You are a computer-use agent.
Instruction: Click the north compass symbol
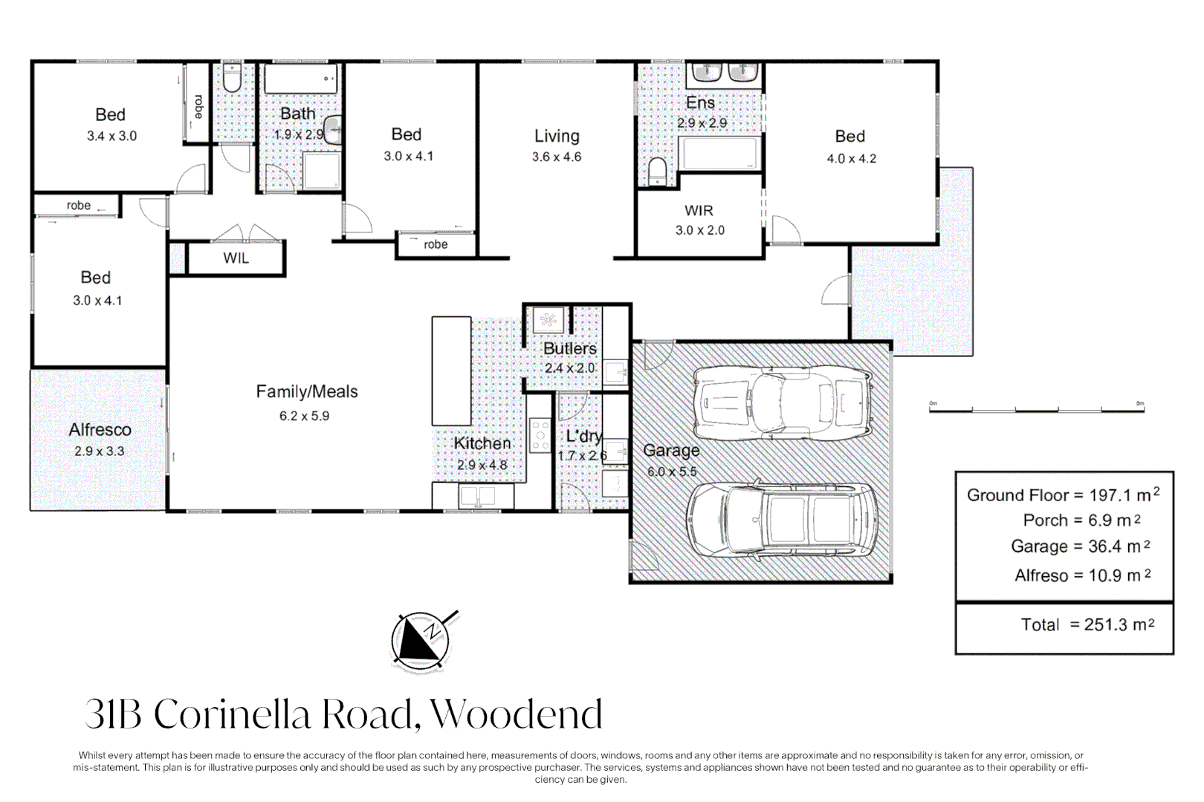tap(421, 639)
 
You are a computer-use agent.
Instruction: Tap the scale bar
tap(1037, 408)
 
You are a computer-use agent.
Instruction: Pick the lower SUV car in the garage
tap(781, 520)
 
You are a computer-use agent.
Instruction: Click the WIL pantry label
tap(236, 258)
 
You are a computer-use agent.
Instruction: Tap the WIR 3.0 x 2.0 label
tap(699, 221)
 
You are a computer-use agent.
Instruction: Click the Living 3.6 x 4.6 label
tap(557, 146)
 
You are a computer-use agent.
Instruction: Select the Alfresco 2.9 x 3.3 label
tap(100, 440)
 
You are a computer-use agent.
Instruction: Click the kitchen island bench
tap(451, 371)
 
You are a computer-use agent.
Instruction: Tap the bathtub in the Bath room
tap(302, 79)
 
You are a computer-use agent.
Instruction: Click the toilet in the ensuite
tap(657, 172)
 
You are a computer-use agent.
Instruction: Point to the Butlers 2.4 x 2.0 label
tap(569, 357)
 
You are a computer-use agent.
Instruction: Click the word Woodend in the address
tap(517, 714)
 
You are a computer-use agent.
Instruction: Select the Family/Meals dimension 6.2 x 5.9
tap(304, 416)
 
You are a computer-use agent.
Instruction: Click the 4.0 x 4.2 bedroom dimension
tap(851, 159)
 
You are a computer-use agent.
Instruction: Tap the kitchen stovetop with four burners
tap(540, 435)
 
